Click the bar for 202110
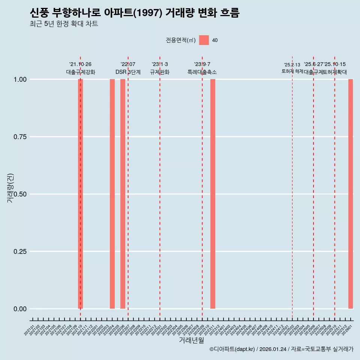80,194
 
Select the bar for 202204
112,194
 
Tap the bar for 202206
123,194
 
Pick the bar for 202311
213,194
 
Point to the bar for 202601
351,194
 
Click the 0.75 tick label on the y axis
19,137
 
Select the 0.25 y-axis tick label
19,252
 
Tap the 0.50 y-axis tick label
19,194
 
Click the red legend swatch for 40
204,40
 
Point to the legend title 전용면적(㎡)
181,40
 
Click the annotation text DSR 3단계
128,72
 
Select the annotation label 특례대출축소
202,72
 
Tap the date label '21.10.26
80,64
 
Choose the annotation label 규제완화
160,72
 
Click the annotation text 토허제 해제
292,71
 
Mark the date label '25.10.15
335,64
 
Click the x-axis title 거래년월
191,340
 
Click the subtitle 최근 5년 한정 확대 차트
64,24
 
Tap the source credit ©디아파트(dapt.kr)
232,349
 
